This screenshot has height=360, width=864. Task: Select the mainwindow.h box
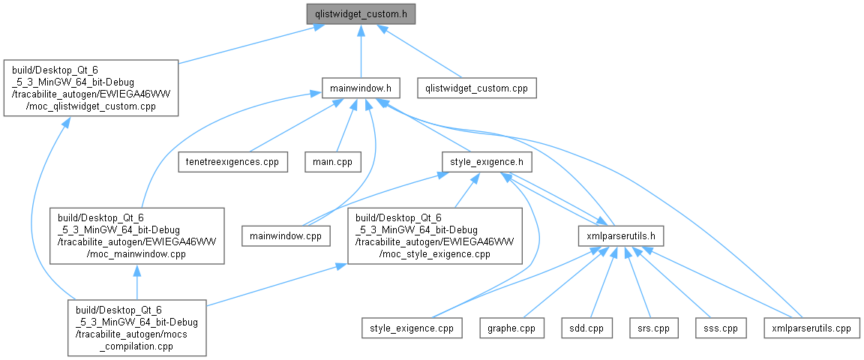tap(361, 88)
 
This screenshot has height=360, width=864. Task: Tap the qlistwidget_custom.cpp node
tap(477, 88)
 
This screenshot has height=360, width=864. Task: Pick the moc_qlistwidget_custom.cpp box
tap(91, 88)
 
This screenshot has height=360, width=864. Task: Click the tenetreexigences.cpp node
tap(232, 161)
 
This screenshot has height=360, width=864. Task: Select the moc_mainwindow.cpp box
tap(136, 235)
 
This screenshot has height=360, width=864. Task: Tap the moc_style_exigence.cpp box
tap(433, 235)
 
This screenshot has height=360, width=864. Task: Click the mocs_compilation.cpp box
tap(136, 328)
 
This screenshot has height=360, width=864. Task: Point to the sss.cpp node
tap(715, 328)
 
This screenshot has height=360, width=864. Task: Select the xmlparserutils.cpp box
tap(811, 328)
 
